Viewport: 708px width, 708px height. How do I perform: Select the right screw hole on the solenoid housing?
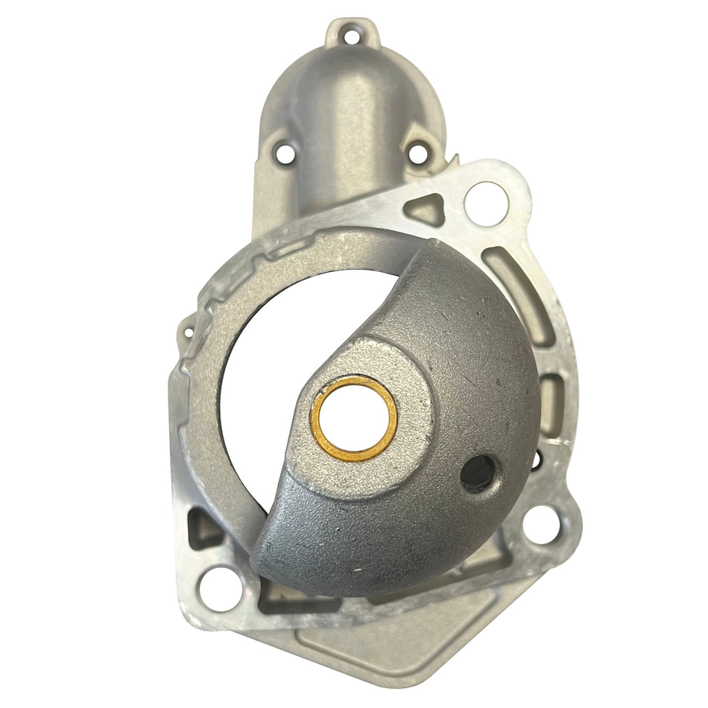[x=419, y=154]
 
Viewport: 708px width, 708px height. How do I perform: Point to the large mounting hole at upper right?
[x=486, y=202]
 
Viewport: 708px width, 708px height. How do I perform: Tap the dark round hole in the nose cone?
[x=477, y=472]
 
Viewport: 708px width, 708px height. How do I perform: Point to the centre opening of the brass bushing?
[x=354, y=417]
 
